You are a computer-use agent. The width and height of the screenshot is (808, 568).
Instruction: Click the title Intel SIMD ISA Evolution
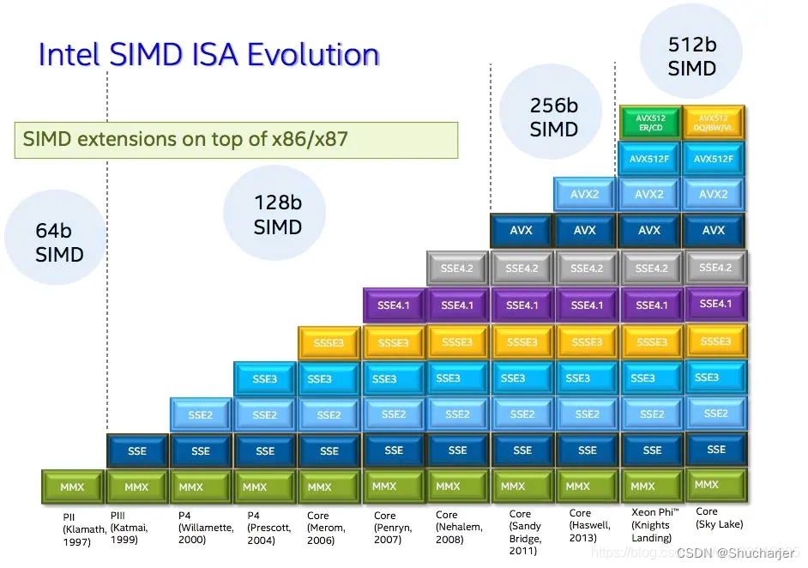point(208,55)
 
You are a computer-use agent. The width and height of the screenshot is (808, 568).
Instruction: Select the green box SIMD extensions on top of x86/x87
point(235,139)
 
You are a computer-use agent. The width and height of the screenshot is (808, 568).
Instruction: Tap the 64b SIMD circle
point(59,243)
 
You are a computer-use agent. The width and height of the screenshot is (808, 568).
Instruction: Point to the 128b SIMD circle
point(277,215)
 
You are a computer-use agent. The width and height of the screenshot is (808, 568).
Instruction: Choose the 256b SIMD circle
point(553,118)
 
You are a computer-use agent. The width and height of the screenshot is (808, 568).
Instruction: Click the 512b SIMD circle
point(691,57)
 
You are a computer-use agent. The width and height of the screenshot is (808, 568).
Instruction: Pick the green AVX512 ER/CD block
point(649,123)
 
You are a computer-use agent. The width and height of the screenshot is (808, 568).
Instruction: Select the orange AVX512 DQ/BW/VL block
point(714,123)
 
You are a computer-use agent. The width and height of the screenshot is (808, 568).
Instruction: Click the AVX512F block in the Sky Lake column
point(714,159)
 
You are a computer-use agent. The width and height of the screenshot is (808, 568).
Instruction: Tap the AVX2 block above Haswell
point(586,195)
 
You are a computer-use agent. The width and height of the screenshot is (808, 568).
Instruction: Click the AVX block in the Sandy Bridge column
point(522,231)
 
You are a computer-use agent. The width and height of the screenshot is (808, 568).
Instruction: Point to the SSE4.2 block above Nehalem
point(457,269)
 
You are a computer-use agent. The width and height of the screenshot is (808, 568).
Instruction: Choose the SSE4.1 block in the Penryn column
point(394,305)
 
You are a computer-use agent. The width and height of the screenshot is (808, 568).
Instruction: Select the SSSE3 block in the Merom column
point(329,342)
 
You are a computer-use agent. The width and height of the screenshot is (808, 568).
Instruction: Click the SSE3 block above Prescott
point(265,378)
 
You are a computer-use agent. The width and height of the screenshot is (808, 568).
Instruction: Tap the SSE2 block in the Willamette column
point(201,414)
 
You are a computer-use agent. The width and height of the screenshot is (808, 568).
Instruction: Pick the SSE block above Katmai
point(136,450)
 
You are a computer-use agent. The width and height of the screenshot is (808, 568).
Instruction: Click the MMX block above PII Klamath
point(72,486)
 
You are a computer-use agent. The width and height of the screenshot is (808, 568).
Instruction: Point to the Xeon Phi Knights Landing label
point(651,525)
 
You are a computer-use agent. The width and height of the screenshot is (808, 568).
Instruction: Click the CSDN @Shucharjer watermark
point(734,553)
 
